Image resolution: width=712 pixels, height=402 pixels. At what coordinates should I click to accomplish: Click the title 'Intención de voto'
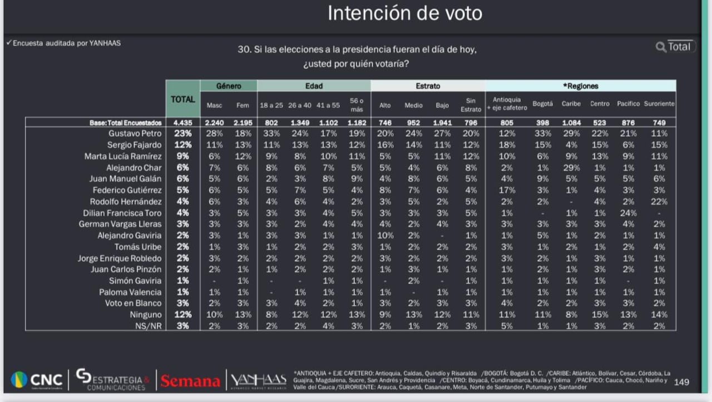coord(404,13)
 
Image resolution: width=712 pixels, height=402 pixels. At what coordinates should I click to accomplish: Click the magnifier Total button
coord(674,47)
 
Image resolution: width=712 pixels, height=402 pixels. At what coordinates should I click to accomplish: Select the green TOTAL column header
coord(182,100)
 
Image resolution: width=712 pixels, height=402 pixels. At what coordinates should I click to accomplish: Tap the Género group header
coord(229,86)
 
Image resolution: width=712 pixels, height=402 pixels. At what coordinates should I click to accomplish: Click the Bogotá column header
coord(542,104)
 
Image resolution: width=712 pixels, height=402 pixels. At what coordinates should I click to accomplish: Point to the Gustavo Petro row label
coord(135,134)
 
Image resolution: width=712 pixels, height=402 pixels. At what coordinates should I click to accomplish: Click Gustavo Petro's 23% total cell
coord(183,134)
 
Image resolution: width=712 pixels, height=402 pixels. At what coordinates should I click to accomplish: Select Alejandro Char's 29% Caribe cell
coord(571,168)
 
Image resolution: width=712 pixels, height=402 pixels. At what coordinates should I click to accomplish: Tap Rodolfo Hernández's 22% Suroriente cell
coord(659,202)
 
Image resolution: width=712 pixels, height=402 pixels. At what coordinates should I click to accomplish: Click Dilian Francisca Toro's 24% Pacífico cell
coord(628,213)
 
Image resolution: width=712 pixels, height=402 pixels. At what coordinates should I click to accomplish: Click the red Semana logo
coord(190,381)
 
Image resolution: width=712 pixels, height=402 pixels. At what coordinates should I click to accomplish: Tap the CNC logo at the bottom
coord(37,380)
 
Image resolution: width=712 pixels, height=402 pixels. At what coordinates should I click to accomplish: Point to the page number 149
coord(681,382)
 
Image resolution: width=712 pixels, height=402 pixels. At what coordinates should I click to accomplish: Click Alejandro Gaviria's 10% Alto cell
coord(385,236)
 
